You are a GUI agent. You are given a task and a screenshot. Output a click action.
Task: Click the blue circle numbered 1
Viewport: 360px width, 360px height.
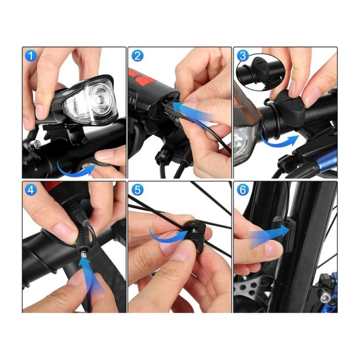tap(31, 56)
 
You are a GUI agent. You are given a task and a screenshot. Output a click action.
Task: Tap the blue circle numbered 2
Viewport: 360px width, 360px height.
tap(137, 56)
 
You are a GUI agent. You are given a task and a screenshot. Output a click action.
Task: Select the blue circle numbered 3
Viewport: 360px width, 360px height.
tap(243, 56)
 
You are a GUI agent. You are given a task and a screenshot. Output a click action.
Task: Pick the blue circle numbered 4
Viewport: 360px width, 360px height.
tap(31, 190)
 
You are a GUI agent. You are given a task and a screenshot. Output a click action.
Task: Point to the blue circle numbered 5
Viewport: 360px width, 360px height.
tap(137, 190)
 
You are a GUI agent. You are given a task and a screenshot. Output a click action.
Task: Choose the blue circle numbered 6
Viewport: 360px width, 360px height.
tap(243, 190)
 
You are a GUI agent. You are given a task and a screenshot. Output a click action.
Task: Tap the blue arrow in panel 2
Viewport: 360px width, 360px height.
tap(192, 112)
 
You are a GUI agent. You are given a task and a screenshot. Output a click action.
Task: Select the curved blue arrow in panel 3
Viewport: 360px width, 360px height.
tap(278, 143)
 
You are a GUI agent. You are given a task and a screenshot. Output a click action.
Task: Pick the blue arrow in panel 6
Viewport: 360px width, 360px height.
tap(268, 236)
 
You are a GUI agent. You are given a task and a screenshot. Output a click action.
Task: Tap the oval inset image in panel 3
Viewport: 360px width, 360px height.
tap(261, 72)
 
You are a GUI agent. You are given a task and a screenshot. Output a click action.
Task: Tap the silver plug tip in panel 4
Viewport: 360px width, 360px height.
tap(84, 255)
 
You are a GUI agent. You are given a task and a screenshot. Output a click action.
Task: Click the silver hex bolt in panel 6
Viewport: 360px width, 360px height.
tap(325, 298)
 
